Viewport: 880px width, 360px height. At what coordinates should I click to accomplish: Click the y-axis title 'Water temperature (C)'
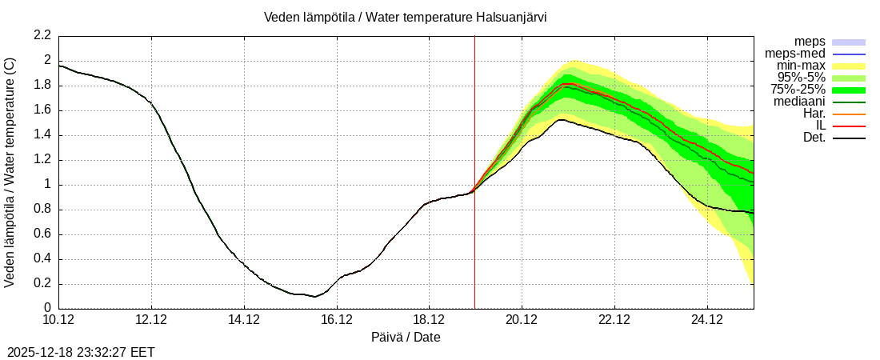(10, 172)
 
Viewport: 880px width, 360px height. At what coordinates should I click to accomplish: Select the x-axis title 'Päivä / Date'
(406, 337)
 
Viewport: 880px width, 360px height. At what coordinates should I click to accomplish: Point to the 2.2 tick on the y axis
(42, 35)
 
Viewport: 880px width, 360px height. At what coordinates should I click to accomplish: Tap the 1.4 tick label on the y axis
(42, 135)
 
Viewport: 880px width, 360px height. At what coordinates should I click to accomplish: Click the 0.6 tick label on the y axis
(42, 234)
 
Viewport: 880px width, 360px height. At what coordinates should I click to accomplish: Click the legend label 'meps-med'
(795, 54)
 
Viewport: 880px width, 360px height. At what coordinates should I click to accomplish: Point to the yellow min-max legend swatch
(849, 66)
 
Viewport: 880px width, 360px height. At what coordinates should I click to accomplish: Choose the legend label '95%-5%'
(802, 78)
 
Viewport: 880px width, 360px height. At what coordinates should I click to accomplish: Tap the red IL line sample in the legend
(849, 126)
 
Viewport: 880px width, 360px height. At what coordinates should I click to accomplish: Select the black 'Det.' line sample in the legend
(849, 138)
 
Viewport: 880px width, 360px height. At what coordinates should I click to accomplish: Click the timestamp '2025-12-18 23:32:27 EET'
(81, 351)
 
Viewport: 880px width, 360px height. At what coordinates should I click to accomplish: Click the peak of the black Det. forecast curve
(562, 119)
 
